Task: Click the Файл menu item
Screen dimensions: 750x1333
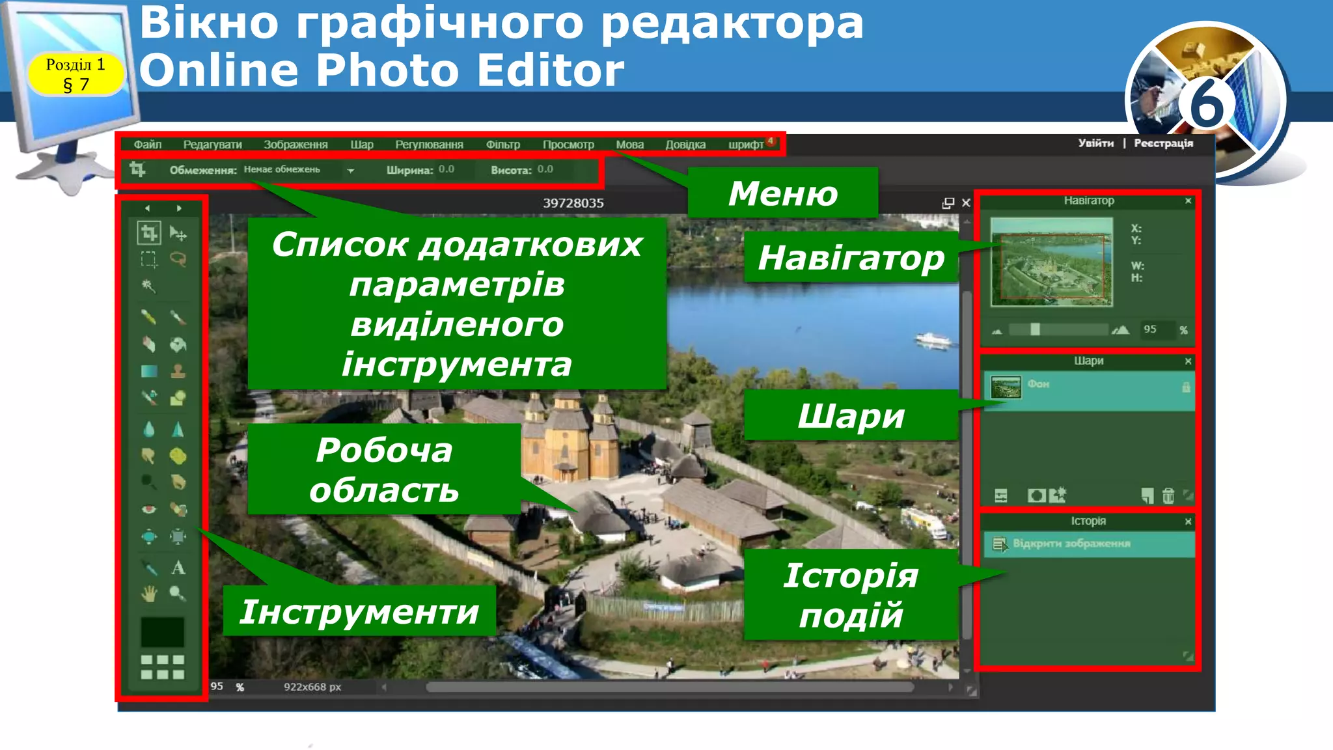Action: tap(148, 145)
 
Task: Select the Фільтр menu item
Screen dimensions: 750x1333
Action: tap(502, 145)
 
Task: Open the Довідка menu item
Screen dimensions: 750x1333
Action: tap(685, 145)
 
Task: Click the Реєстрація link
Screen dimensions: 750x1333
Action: tap(1163, 143)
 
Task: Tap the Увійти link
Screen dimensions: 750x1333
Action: tap(1095, 143)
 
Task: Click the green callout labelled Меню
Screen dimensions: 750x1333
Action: tap(782, 193)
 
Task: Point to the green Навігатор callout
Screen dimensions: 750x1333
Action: tap(851, 258)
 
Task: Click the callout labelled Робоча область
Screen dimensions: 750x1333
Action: tap(384, 469)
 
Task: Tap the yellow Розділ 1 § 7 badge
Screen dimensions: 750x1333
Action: tap(76, 74)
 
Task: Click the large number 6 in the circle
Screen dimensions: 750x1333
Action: tap(1206, 103)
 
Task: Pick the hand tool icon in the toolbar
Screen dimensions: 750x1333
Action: tap(149, 594)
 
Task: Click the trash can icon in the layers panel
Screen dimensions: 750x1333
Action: tap(1168, 496)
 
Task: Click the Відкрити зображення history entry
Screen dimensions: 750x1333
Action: tap(1071, 544)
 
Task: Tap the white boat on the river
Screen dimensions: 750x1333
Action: tap(933, 339)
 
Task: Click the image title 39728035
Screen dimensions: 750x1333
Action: tap(573, 203)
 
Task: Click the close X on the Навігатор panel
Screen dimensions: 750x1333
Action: tap(1188, 201)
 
